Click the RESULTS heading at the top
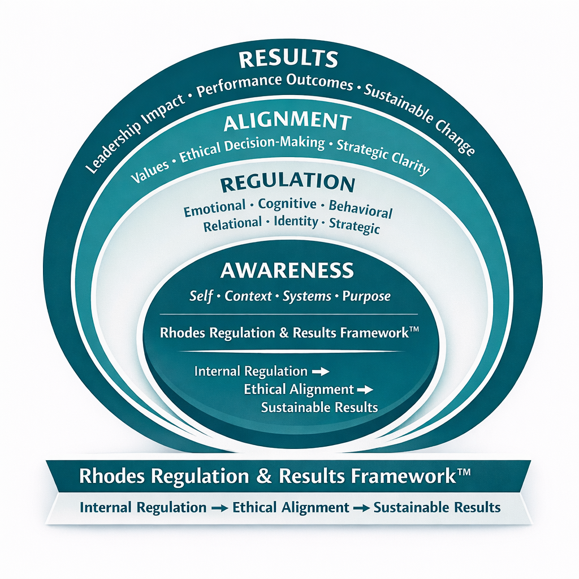[x=288, y=59]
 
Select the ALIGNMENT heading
[x=287, y=122]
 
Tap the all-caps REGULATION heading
[x=287, y=184]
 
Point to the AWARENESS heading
[x=287, y=270]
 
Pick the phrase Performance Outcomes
[x=273, y=84]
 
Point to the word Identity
[x=295, y=222]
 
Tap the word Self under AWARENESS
[x=202, y=296]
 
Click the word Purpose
[x=366, y=296]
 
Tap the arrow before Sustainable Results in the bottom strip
[x=361, y=508]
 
